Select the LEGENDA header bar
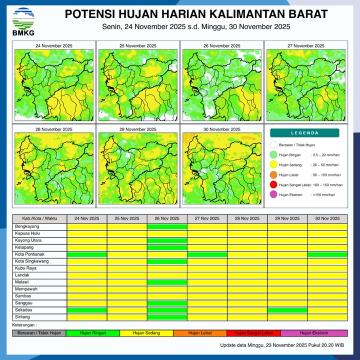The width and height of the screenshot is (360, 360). tap(304, 133)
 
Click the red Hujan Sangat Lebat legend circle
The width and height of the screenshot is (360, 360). tap(273, 185)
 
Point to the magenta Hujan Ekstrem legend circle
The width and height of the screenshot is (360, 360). tap(273, 195)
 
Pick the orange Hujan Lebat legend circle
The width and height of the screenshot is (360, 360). tap(273, 175)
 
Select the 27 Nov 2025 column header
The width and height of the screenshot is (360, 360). tap(207, 219)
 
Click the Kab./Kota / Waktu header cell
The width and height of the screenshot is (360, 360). tap(39, 219)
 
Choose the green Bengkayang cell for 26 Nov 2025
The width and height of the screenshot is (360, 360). tap(167, 226)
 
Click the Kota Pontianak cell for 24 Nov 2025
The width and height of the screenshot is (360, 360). tap(87, 254)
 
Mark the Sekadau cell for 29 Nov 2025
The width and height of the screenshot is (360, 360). tap(287, 310)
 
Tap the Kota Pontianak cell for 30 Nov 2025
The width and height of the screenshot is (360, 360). tap(327, 254)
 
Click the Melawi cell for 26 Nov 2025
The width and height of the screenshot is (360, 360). tap(167, 282)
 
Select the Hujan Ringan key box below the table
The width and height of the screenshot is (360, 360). tap(92, 333)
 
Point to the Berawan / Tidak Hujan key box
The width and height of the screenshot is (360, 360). tap(39, 333)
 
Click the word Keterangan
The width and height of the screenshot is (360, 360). tap(25, 325)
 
